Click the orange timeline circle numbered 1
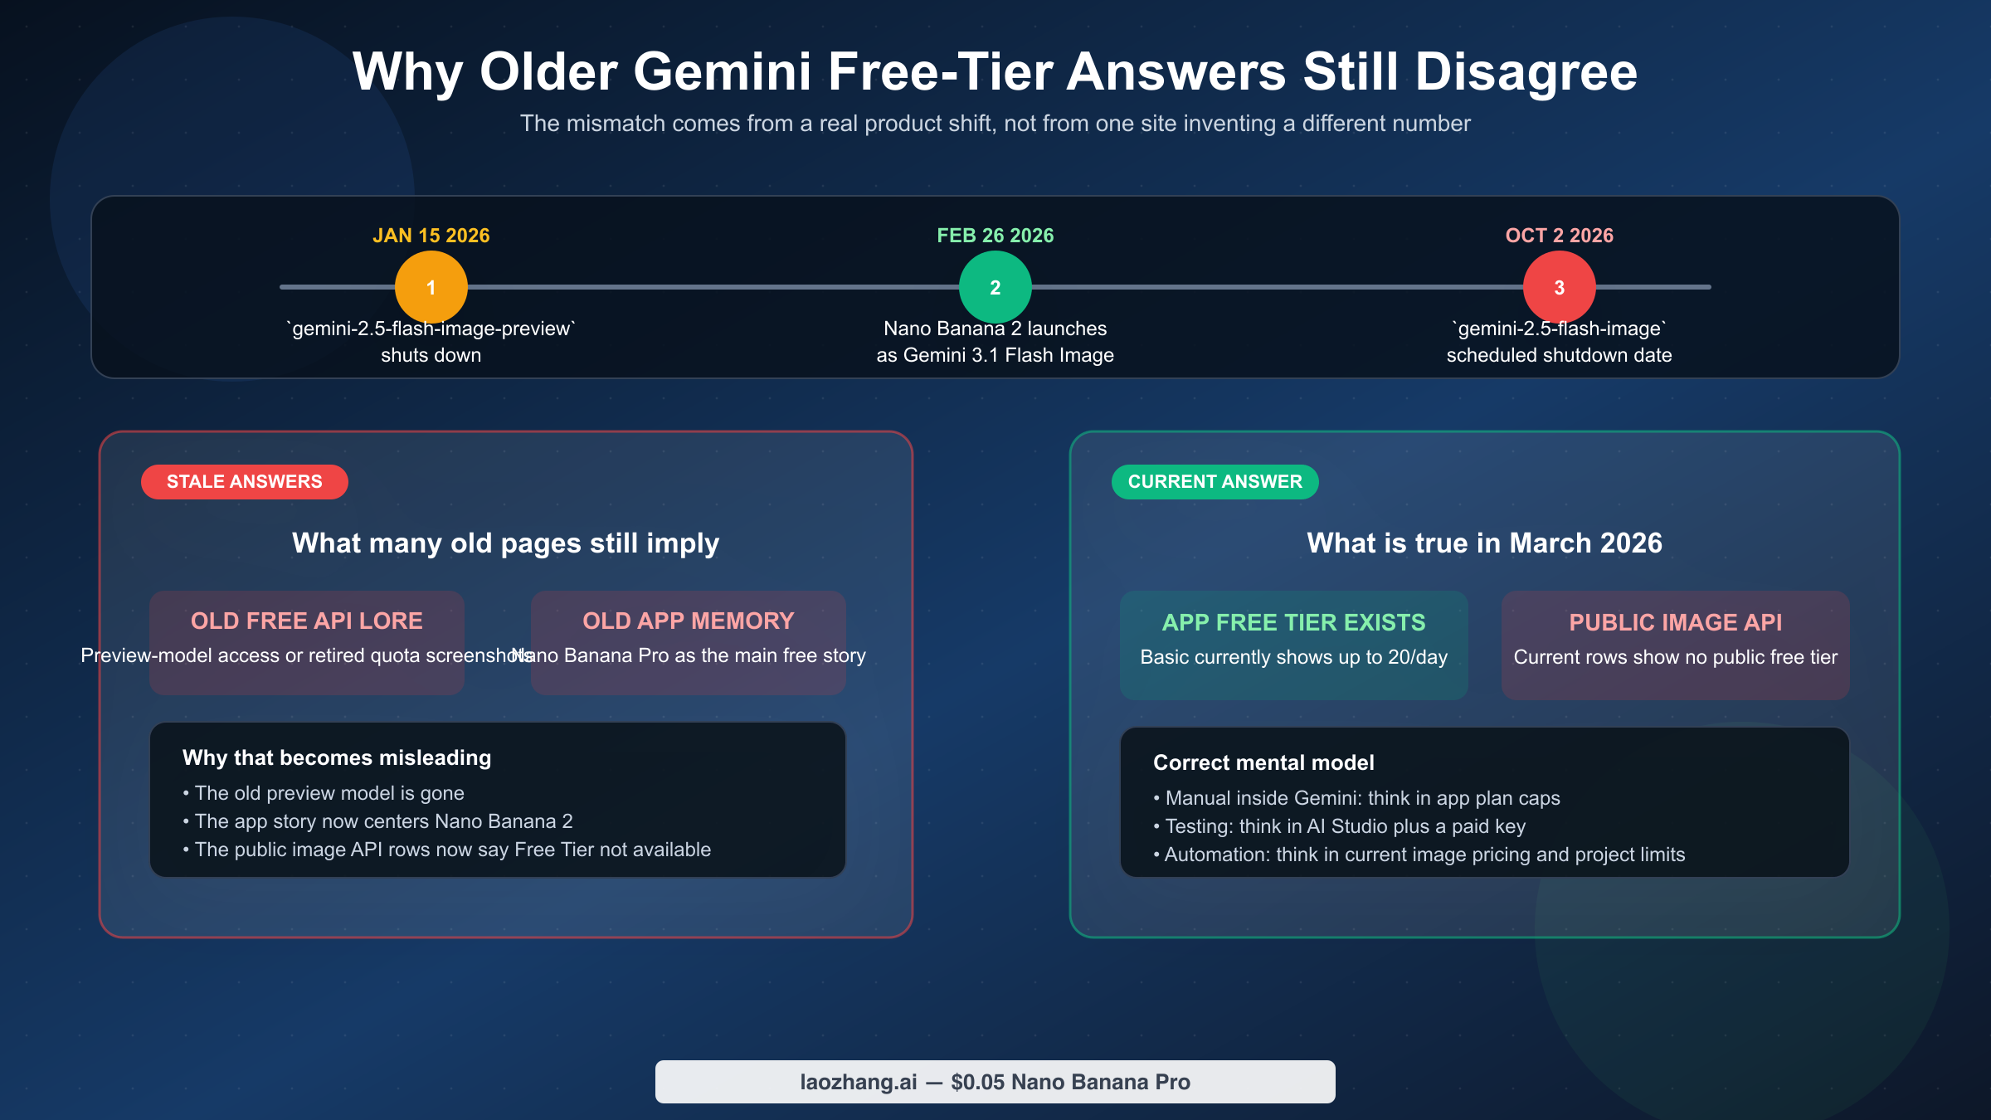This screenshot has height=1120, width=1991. coord(431,287)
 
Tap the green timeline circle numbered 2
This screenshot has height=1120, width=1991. coord(995,287)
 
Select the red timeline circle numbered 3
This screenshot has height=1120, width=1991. coord(1559,287)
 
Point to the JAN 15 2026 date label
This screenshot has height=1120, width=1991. coord(431,236)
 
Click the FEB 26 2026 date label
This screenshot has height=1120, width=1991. coord(995,236)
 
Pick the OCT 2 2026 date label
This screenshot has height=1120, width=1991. coord(1559,236)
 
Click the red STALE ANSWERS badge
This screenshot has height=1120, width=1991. coord(244,482)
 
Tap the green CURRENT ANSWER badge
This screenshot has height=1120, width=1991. coord(1215,482)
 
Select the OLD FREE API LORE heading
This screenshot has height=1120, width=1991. coord(306,621)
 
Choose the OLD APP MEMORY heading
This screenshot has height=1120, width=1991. coord(688,621)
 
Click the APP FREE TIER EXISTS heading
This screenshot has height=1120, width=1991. coord(1293,622)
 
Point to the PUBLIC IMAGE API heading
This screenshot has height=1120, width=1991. coord(1675,622)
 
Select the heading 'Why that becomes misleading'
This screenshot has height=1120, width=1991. coord(337,757)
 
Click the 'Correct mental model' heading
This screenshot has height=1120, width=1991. coord(1263,762)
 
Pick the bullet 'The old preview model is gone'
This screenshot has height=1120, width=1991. coord(329,793)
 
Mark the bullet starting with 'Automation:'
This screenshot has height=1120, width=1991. coord(1424,855)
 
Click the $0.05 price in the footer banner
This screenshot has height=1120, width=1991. coord(976,1082)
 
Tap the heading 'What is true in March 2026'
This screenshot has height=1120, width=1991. coord(1484,543)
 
